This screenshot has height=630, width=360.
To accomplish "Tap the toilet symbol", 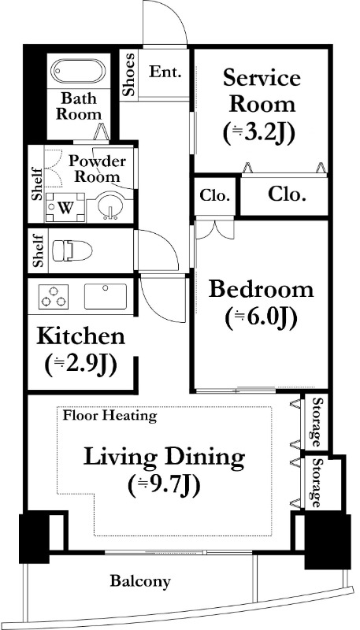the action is [72, 251].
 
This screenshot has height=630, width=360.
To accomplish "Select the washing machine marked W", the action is [65, 207].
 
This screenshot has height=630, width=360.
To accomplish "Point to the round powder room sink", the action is [109, 206].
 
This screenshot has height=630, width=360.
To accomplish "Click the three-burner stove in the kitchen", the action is [54, 297].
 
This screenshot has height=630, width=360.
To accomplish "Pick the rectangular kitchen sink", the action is [106, 296].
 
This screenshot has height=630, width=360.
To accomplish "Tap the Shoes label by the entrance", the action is [129, 74].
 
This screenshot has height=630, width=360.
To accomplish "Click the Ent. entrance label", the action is [165, 72].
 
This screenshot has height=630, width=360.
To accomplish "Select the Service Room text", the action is [262, 91].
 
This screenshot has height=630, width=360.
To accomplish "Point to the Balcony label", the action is [141, 581].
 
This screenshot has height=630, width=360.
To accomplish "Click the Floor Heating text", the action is [109, 416].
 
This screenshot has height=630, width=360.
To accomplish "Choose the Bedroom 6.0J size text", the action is [262, 318].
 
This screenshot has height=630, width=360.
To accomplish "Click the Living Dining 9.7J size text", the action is [165, 486].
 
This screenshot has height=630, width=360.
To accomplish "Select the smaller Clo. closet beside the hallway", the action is [215, 196].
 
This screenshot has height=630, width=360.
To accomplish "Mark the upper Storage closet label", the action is [317, 422].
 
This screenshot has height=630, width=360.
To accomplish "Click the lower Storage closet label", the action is [317, 484].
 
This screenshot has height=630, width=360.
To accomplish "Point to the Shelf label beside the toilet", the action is [38, 251].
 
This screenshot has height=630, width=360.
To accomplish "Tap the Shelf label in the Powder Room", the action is [37, 183].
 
